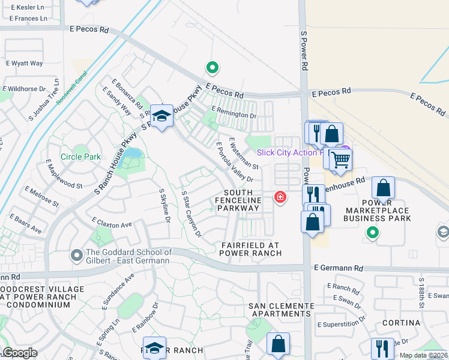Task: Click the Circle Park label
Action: coord(81,157)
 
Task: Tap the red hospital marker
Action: coord(280,196)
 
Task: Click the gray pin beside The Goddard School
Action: coord(76,256)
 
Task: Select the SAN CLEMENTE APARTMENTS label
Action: coord(280,310)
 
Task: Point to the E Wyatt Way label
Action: coord(25,63)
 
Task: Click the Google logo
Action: coord(20,353)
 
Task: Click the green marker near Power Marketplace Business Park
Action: coord(373,232)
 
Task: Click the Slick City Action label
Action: coord(295,153)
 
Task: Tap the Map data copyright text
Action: coord(423,355)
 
